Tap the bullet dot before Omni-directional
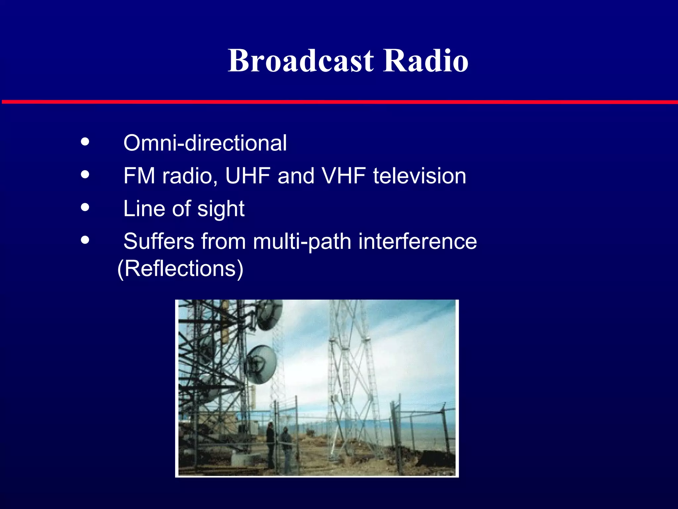85,142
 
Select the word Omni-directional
205,143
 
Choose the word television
419,176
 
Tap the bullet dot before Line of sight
85,207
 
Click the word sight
221,209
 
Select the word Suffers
159,241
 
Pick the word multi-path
302,242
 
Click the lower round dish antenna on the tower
261,365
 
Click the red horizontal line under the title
339,102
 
